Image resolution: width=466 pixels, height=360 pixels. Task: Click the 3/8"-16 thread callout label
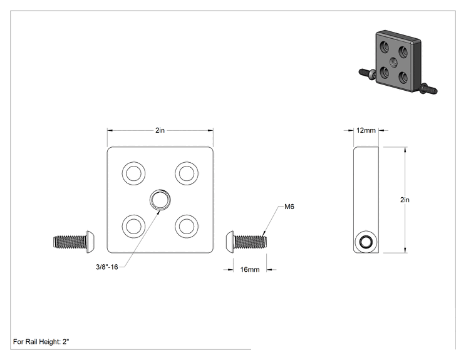[x=106, y=267]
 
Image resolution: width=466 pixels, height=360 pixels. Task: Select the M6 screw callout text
[x=289, y=207]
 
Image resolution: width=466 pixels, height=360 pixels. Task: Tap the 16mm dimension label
[x=250, y=269]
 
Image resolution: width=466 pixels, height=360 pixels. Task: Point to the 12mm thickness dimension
[x=366, y=130]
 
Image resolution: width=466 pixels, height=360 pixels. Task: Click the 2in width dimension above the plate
[x=160, y=130]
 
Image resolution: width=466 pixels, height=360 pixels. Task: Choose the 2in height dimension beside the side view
[x=405, y=200]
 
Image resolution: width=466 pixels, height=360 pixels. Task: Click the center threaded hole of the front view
[x=160, y=199]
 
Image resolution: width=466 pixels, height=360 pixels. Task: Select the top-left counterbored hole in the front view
[x=134, y=173]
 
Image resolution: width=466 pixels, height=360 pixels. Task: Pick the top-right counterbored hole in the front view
[x=187, y=173]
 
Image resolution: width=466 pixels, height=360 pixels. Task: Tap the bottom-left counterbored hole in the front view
[x=134, y=226]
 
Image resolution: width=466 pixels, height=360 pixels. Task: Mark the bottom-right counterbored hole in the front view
[x=187, y=226]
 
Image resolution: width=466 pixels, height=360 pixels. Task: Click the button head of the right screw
[x=229, y=242]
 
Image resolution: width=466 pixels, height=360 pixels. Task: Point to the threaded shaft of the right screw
[x=251, y=242]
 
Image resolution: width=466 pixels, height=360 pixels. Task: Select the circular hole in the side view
[x=366, y=242]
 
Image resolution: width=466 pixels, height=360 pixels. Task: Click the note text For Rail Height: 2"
[x=41, y=342]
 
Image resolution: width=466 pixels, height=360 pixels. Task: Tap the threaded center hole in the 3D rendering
[x=394, y=63]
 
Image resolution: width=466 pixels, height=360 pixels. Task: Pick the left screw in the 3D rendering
[x=367, y=74]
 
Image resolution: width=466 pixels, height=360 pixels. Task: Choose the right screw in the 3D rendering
[x=428, y=88]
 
